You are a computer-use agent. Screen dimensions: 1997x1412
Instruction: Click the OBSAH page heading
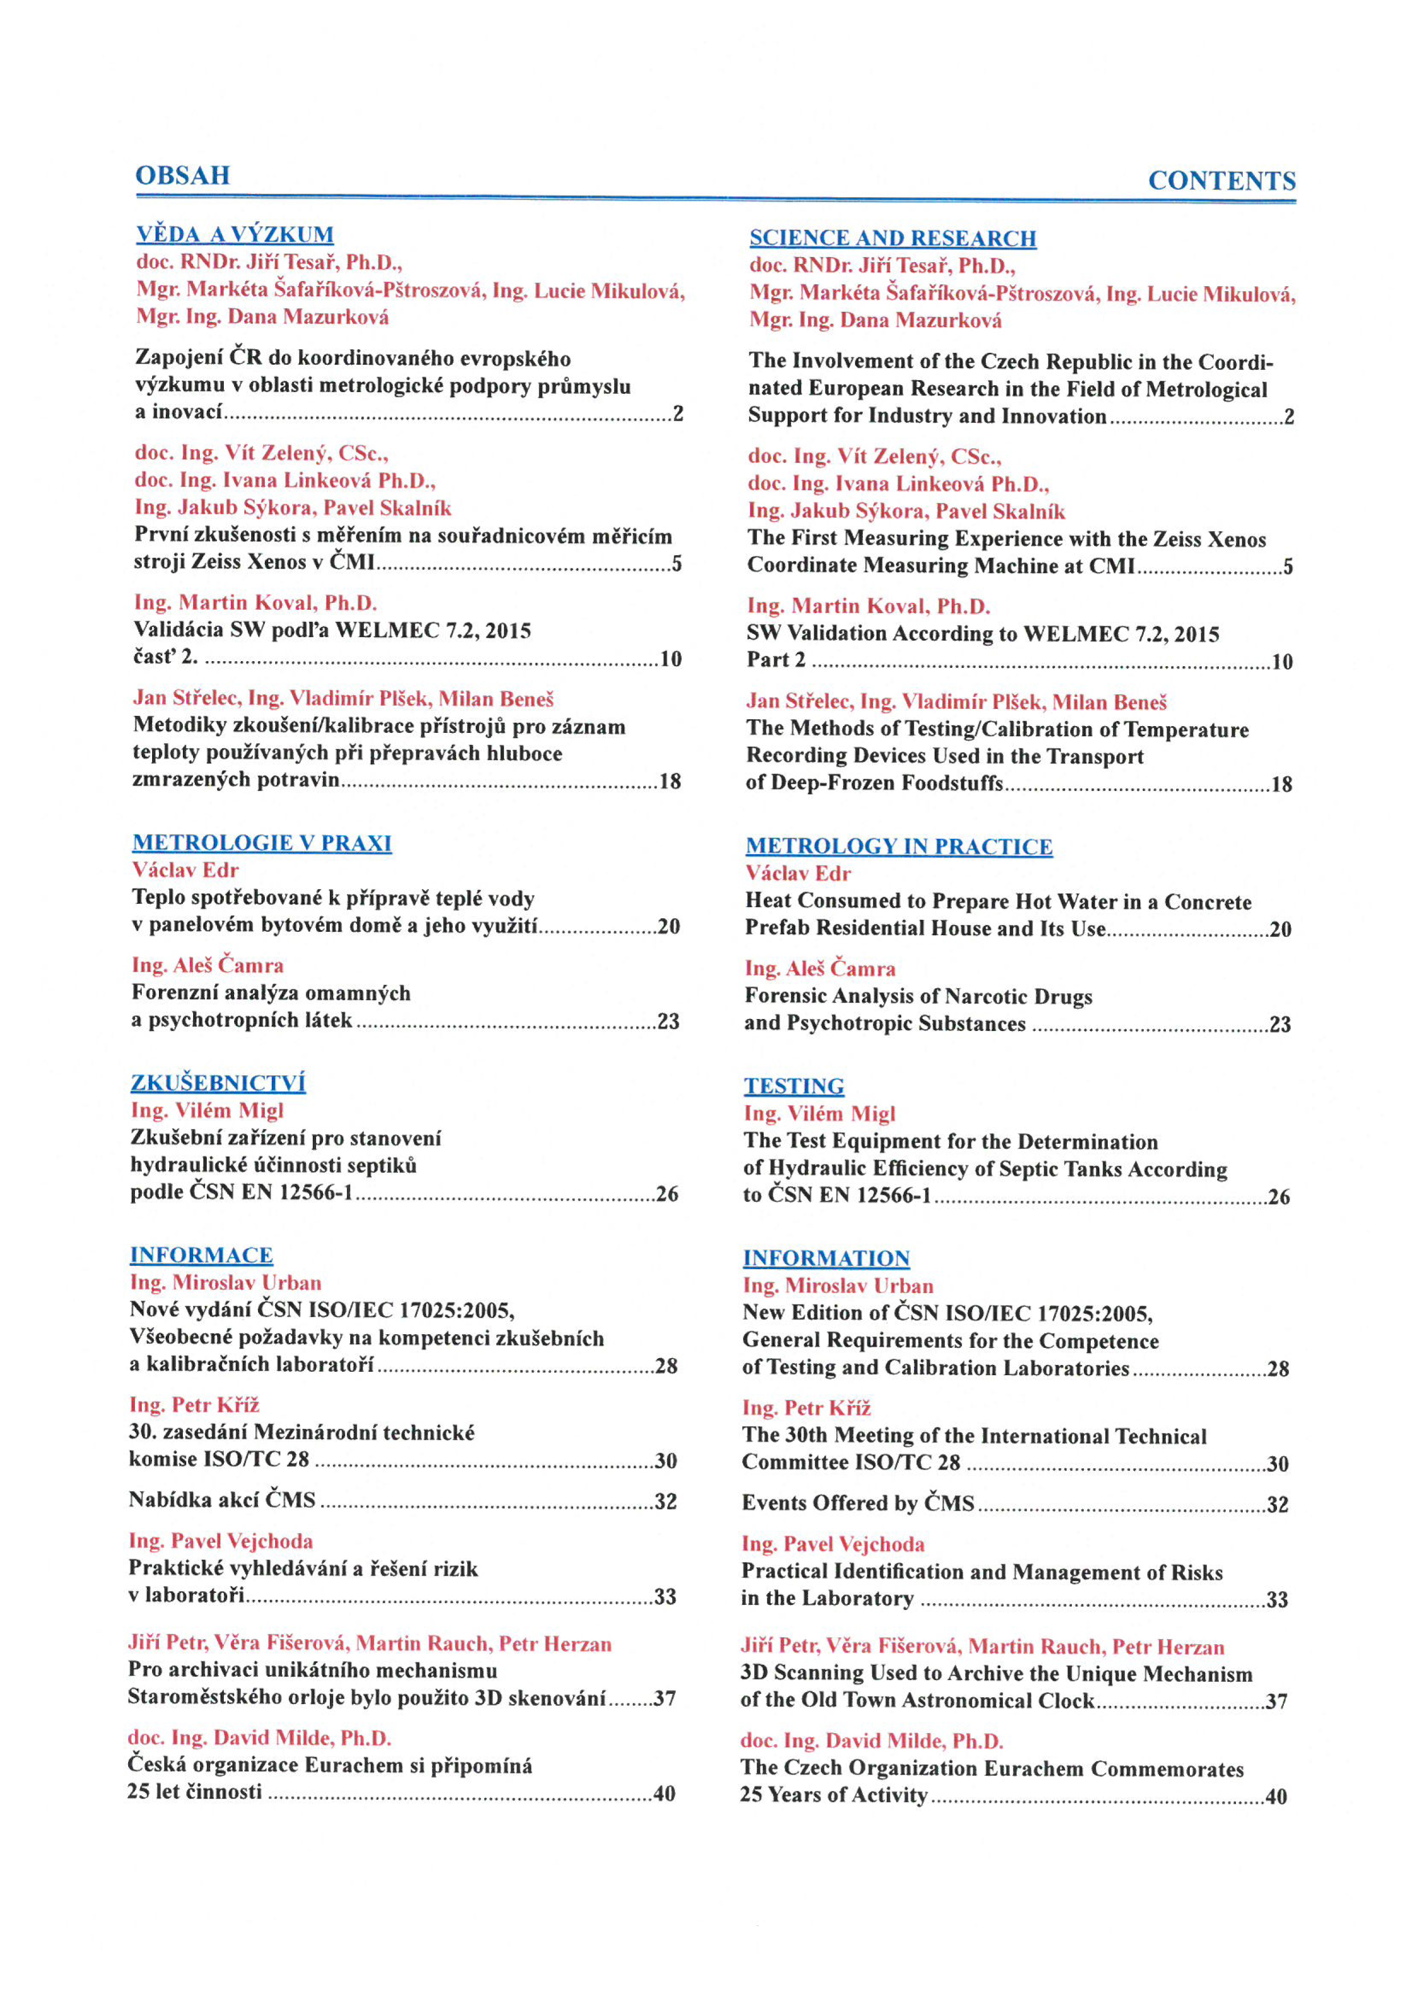(x=183, y=176)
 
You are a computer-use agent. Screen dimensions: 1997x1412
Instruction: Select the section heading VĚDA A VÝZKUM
(x=235, y=235)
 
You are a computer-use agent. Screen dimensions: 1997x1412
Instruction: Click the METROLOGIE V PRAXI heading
(x=261, y=843)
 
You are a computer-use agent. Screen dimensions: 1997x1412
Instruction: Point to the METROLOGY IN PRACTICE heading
(x=898, y=846)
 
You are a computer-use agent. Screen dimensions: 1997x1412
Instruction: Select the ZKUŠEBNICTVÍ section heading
(x=218, y=1083)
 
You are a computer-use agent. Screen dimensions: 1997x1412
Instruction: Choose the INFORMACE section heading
(x=201, y=1255)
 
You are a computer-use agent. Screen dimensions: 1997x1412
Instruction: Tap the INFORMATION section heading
(x=825, y=1258)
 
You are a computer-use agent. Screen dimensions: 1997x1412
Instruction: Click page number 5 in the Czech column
(x=677, y=564)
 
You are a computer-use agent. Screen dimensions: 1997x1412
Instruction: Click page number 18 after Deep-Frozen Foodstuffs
(x=1281, y=785)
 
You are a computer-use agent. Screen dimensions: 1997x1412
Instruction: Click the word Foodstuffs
(x=951, y=783)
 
